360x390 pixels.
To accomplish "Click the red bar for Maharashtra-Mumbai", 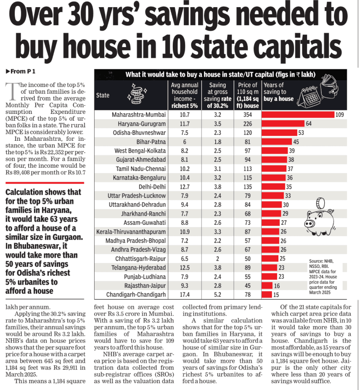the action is pyautogui.click(x=298, y=114).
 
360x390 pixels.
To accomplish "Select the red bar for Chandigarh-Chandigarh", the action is pyautogui.click(x=267, y=295).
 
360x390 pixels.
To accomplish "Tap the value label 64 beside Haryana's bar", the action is pyautogui.click(x=309, y=124).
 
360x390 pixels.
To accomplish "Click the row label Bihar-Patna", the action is pyautogui.click(x=151, y=142).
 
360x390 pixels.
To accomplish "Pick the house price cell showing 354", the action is pyautogui.click(x=247, y=115).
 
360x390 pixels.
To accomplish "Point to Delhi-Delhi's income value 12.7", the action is pyautogui.click(x=185, y=187).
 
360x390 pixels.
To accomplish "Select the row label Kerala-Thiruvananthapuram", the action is pyautogui.click(x=131, y=232).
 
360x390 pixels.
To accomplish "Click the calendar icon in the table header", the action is pyautogui.click(x=309, y=97).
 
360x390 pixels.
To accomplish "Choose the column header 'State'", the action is pyautogui.click(x=103, y=95).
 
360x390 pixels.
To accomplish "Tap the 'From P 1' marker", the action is pyautogui.click(x=21, y=71).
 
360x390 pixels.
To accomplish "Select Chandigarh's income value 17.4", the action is pyautogui.click(x=185, y=295).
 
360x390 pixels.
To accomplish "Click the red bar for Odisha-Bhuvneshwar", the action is pyautogui.click(x=279, y=132).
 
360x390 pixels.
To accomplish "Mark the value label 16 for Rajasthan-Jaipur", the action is pyautogui.click(x=277, y=286).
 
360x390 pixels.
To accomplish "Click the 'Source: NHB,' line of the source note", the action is pyautogui.click(x=321, y=261).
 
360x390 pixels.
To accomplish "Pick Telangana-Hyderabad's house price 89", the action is pyautogui.click(x=247, y=268).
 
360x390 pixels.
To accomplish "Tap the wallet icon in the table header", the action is pyautogui.click(x=329, y=87).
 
